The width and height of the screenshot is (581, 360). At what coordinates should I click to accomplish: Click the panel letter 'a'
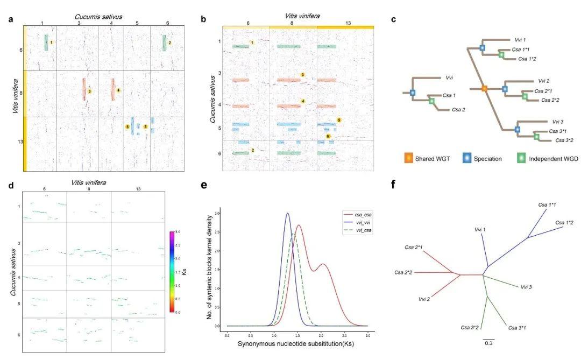(11, 20)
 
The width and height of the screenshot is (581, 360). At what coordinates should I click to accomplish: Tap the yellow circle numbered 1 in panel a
(51, 42)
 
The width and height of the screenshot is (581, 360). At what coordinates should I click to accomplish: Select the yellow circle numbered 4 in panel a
(118, 90)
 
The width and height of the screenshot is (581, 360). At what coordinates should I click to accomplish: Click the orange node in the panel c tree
(484, 88)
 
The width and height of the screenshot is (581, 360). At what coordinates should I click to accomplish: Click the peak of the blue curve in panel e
(287, 214)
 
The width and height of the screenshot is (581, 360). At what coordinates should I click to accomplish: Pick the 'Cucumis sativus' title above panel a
(97, 17)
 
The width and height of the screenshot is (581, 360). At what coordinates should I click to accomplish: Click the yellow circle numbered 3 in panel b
(303, 75)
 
